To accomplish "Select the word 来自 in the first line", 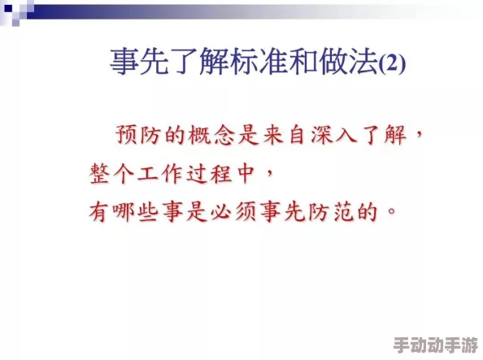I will point(280,133).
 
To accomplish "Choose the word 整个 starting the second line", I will point(107,173).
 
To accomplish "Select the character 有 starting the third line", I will point(98,213).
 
